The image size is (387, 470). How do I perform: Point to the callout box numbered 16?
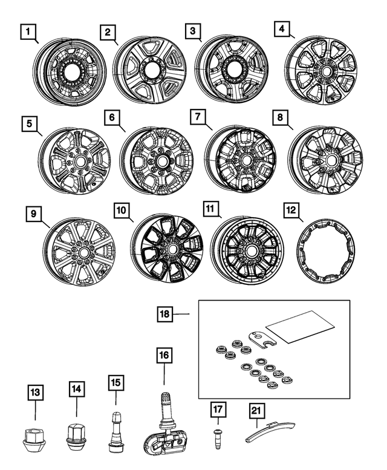click(164, 355)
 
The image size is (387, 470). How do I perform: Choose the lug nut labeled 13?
click(36, 437)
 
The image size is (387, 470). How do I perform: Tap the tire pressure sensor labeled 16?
click(164, 429)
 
